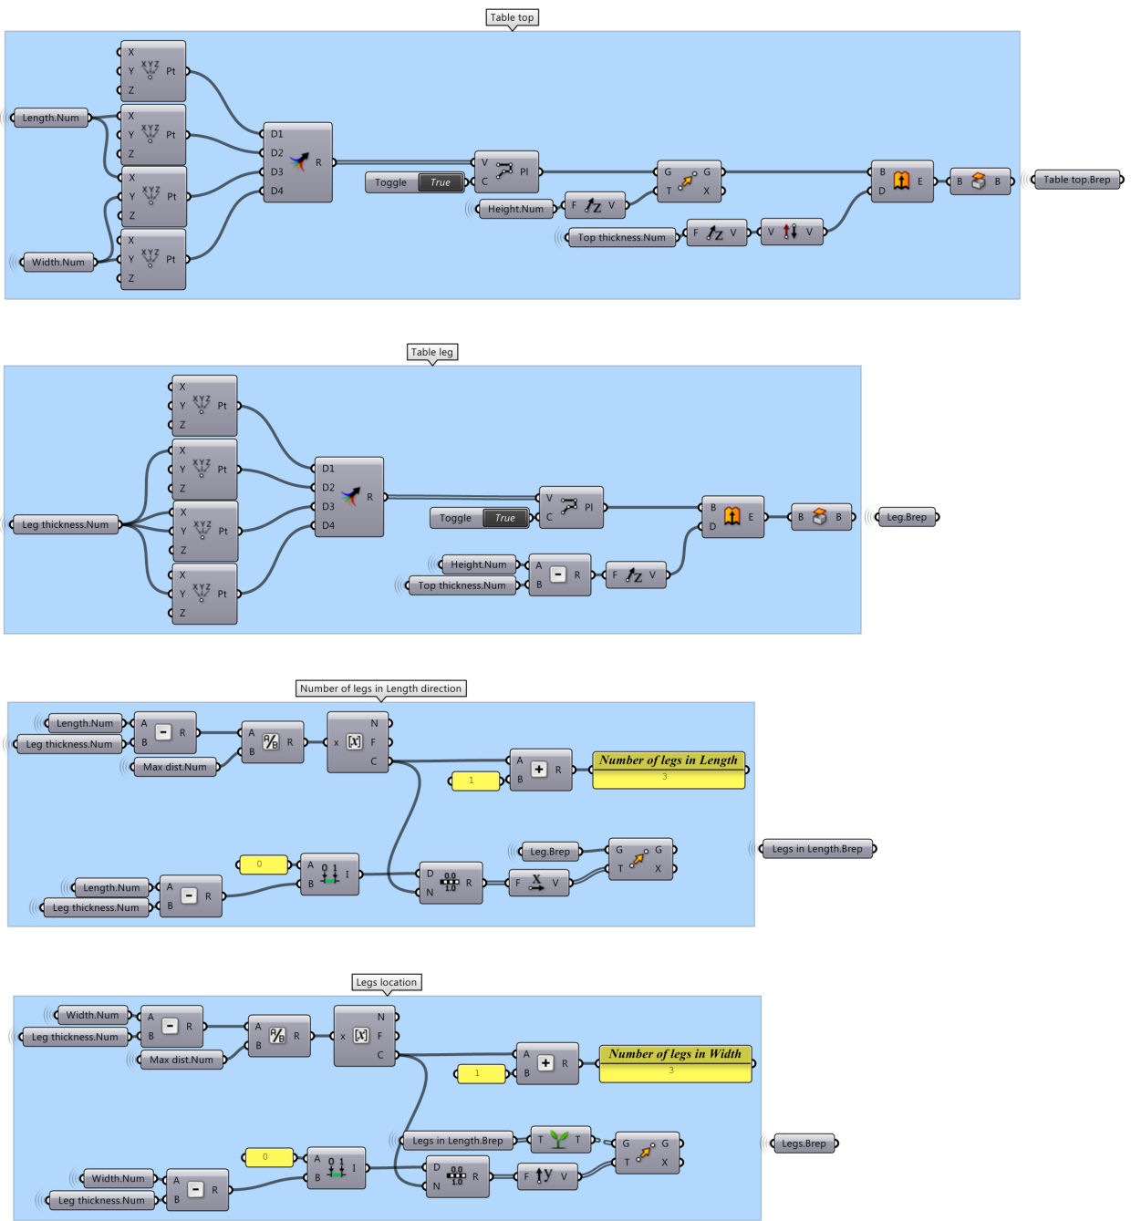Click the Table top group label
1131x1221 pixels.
pyautogui.click(x=512, y=17)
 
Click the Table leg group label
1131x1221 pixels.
pyautogui.click(x=431, y=352)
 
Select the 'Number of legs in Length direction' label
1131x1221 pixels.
pyautogui.click(x=380, y=688)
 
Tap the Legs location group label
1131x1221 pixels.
pyautogui.click(x=386, y=982)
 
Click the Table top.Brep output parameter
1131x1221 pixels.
pyautogui.click(x=1077, y=180)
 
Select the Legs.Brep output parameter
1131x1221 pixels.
pyautogui.click(x=804, y=1143)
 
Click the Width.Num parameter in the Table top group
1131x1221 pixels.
pyautogui.click(x=57, y=262)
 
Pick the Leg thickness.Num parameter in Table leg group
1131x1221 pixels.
pyautogui.click(x=65, y=524)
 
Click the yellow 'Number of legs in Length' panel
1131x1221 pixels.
pyautogui.click(x=669, y=769)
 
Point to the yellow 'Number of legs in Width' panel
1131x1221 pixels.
pyautogui.click(x=675, y=1063)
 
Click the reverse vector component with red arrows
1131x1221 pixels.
pyautogui.click(x=792, y=233)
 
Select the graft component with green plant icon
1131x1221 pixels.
pyautogui.click(x=560, y=1140)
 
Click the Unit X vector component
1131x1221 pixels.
pyautogui.click(x=539, y=883)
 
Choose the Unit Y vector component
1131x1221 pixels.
pyautogui.click(x=547, y=1176)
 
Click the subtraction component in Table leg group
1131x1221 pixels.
pyautogui.click(x=560, y=574)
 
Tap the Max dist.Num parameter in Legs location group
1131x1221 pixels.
pyautogui.click(x=182, y=1060)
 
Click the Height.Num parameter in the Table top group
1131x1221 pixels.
pyautogui.click(x=515, y=209)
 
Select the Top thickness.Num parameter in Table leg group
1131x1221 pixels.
pyautogui.click(x=462, y=585)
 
